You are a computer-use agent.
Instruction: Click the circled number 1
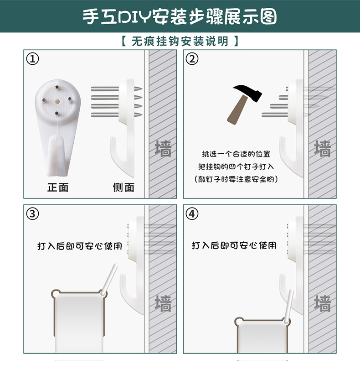pyautogui.click(x=33, y=59)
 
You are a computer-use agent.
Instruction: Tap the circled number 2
pyautogui.click(x=192, y=59)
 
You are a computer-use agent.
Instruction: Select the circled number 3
pyautogui.click(x=33, y=213)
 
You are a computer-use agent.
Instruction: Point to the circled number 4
pyautogui.click(x=192, y=213)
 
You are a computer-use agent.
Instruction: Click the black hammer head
pyautogui.click(x=248, y=92)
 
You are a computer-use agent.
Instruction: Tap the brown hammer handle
pyautogui.click(x=237, y=110)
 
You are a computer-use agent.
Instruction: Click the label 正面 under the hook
pyautogui.click(x=58, y=187)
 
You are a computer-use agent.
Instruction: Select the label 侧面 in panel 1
pyautogui.click(x=123, y=187)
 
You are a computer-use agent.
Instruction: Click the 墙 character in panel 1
pyautogui.click(x=163, y=149)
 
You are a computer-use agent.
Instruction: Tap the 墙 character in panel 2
pyautogui.click(x=322, y=149)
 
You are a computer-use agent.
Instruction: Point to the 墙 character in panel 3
pyautogui.click(x=163, y=303)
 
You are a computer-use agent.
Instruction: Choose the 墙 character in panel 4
pyautogui.click(x=322, y=303)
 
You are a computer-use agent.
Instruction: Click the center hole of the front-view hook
pyautogui.click(x=57, y=101)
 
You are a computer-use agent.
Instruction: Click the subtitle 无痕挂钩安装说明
pyautogui.click(x=180, y=41)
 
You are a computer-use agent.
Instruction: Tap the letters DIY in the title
pyautogui.click(x=134, y=17)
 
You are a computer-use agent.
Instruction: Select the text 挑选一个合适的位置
pyautogui.click(x=236, y=154)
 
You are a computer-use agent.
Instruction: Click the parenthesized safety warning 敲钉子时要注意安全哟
pyautogui.click(x=236, y=179)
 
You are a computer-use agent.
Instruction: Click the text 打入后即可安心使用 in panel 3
pyautogui.click(x=80, y=246)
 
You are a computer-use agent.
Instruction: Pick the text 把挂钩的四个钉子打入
pyautogui.click(x=236, y=166)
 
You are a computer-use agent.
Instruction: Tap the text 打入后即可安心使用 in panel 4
pyautogui.click(x=234, y=245)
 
